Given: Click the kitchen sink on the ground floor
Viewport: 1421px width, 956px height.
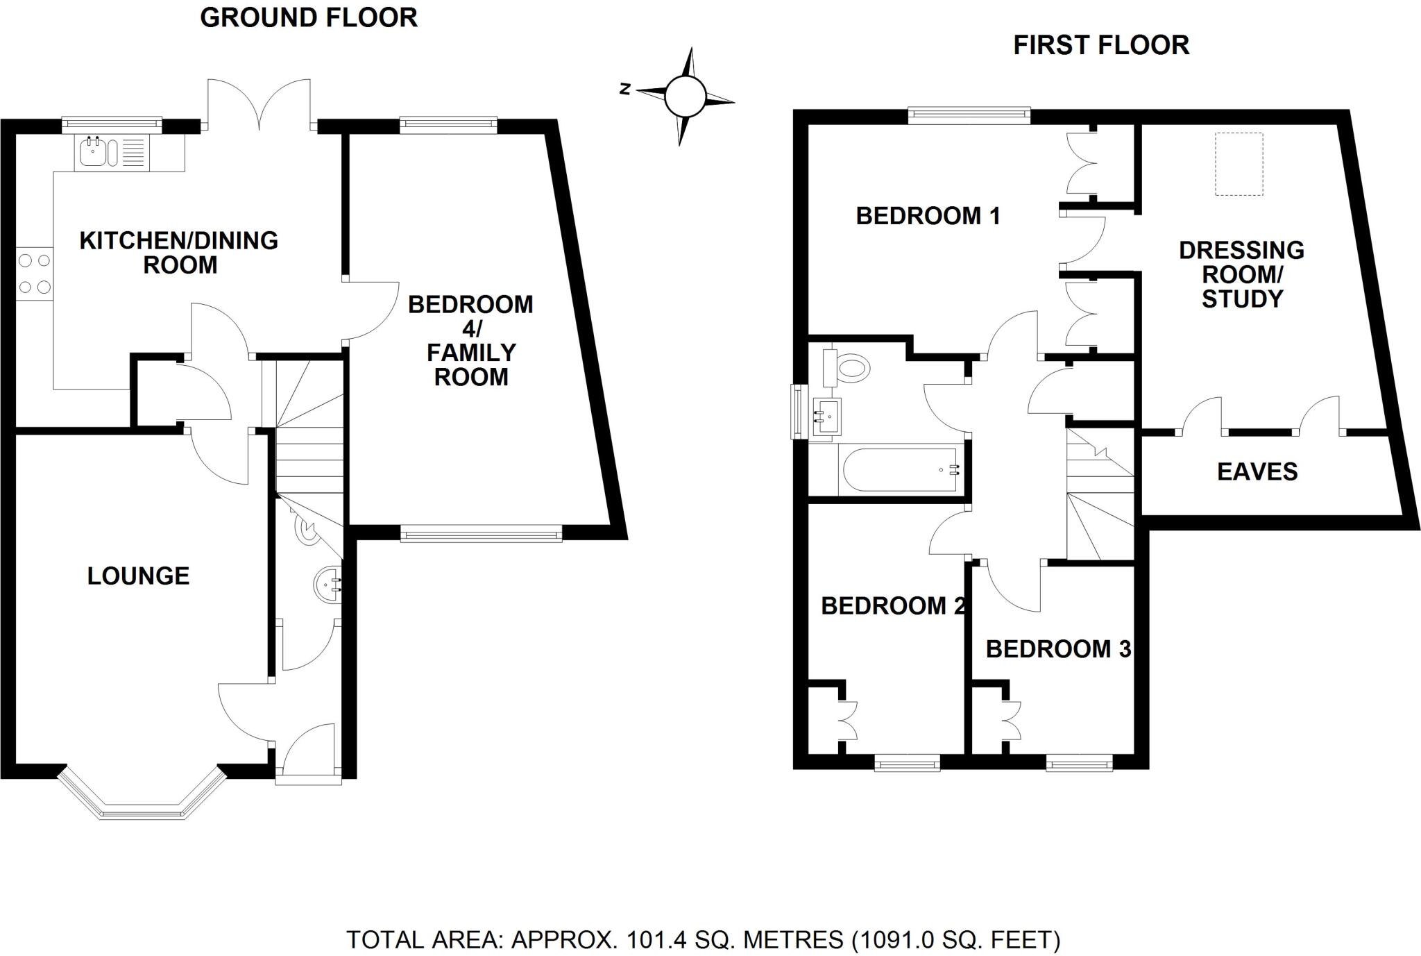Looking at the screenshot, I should (93, 151).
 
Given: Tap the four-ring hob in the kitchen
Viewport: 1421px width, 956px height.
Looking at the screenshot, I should (35, 274).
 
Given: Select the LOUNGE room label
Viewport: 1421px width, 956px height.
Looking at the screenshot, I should (138, 576).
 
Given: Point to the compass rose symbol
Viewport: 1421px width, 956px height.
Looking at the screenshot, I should (685, 97).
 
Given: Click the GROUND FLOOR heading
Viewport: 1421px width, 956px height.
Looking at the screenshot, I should (309, 18).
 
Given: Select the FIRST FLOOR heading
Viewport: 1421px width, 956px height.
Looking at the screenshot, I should (1101, 46).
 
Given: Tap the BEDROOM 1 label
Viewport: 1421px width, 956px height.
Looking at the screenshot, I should (928, 216).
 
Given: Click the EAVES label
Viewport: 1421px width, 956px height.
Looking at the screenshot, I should (1257, 472).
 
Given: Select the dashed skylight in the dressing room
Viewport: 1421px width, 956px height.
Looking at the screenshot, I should (1239, 165).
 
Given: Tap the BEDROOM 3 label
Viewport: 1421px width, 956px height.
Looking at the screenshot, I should (1057, 649).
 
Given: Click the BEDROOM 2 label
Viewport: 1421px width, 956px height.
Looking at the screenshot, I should (892, 606).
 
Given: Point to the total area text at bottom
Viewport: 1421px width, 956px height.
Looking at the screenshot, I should (703, 940).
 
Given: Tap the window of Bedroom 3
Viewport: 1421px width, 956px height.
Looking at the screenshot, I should (1079, 765).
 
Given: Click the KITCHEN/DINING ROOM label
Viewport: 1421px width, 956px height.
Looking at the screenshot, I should (179, 253).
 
